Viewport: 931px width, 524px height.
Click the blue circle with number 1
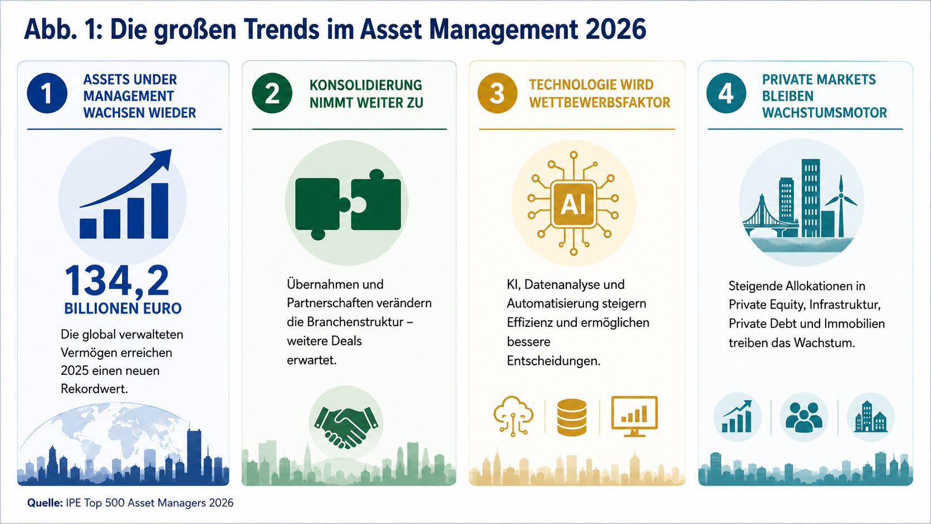coord(47,93)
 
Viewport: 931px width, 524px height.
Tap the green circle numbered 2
coord(272,93)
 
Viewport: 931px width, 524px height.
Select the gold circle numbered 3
coord(497,93)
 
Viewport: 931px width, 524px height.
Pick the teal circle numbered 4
coord(726,93)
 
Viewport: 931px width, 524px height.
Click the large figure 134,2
coord(117,281)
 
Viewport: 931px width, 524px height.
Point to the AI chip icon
coord(573,204)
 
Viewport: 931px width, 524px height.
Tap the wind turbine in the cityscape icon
coord(841,206)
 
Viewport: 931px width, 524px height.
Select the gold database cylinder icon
coord(572,417)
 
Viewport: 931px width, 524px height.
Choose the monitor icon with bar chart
coord(634,416)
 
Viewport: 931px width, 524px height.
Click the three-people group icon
coord(804,417)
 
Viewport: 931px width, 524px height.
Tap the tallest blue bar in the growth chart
coord(160,210)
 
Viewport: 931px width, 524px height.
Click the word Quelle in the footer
coord(45,503)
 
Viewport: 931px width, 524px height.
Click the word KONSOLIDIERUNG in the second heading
coord(366,85)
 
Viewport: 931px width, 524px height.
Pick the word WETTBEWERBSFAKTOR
coord(599,102)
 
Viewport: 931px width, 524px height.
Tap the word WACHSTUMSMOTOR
coord(824,112)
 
